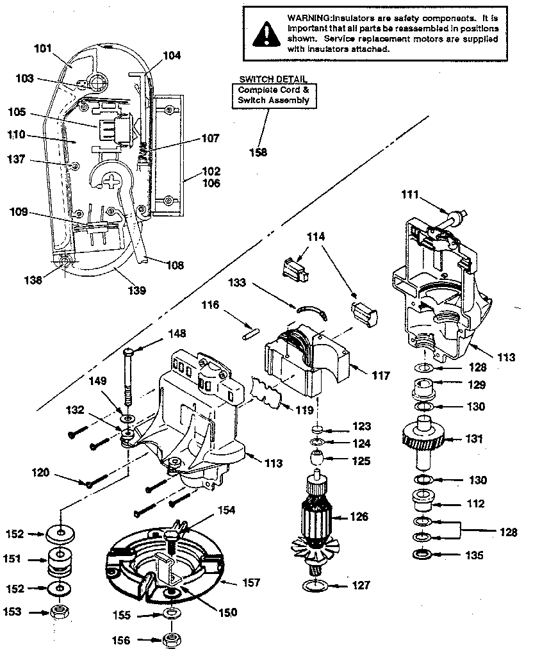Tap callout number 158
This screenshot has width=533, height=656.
point(259,152)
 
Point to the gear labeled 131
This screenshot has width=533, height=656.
point(424,439)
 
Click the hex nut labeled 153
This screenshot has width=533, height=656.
point(60,612)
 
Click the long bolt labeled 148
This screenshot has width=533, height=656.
point(128,378)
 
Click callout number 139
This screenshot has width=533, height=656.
point(136,290)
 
